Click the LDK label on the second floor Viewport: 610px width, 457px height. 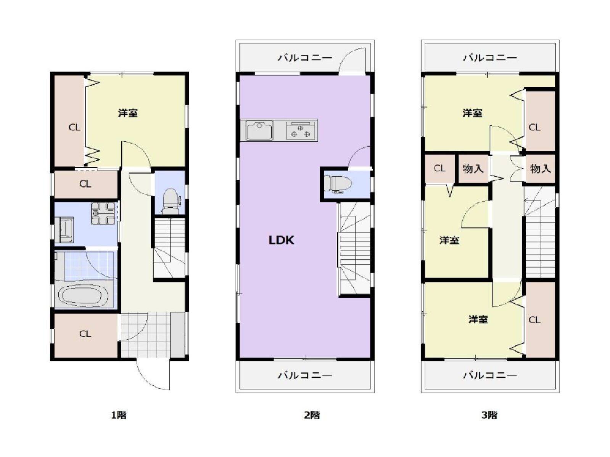tap(281, 240)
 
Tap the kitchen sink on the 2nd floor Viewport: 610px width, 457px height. tap(259, 130)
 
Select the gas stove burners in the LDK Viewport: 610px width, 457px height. tap(300, 131)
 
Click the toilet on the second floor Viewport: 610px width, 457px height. tap(338, 183)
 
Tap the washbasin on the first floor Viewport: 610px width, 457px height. tap(64, 229)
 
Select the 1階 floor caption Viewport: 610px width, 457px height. tap(119, 415)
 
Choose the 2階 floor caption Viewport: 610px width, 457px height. tap(312, 415)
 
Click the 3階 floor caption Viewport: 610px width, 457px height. tap(489, 415)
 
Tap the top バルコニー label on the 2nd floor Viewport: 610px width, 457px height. tap(305, 58)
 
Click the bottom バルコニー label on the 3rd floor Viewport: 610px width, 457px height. tap(490, 375)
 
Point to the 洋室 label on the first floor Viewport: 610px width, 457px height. tap(128, 113)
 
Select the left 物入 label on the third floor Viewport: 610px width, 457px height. tap(473, 168)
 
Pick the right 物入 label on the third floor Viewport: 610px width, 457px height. tap(540, 168)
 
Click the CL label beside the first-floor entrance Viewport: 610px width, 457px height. tap(85, 334)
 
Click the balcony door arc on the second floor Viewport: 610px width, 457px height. tap(351, 61)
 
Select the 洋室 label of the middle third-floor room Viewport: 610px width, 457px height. tap(449, 240)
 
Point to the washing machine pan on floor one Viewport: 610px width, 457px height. tap(103, 213)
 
